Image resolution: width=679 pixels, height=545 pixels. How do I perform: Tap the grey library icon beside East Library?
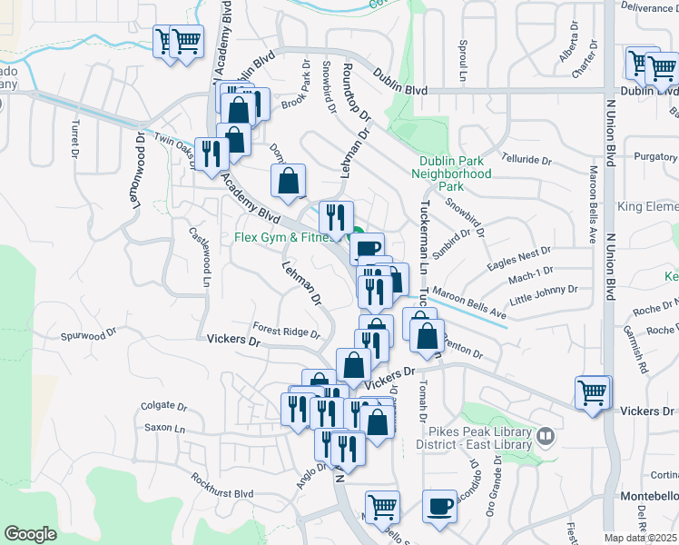click(546, 437)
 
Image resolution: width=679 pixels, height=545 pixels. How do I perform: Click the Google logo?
click(30, 533)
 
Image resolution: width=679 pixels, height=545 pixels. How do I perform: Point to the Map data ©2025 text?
click(641, 538)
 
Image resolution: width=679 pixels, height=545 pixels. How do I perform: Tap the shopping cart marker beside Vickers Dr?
click(593, 393)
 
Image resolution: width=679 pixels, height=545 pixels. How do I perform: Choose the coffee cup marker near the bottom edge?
click(440, 505)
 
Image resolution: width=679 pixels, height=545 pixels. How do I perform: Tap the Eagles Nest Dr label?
click(518, 257)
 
